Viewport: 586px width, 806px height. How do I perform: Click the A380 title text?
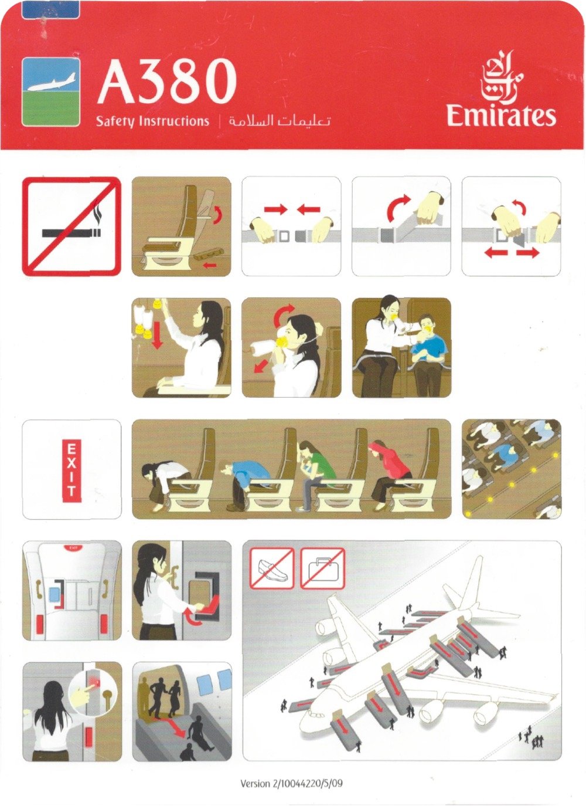point(167,82)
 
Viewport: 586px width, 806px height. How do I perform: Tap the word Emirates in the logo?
point(501,115)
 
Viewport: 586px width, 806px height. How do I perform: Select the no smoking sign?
point(71,226)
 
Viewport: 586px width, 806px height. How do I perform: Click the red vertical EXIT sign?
point(71,469)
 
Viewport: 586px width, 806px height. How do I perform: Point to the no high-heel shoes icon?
point(272,568)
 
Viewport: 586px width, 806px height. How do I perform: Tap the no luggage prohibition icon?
point(322,568)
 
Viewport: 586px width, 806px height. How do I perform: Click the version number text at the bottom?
point(291,783)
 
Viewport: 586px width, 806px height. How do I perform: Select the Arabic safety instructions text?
point(279,121)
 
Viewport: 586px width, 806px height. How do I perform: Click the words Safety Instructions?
point(152,121)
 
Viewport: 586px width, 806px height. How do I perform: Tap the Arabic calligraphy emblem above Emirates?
point(502,75)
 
